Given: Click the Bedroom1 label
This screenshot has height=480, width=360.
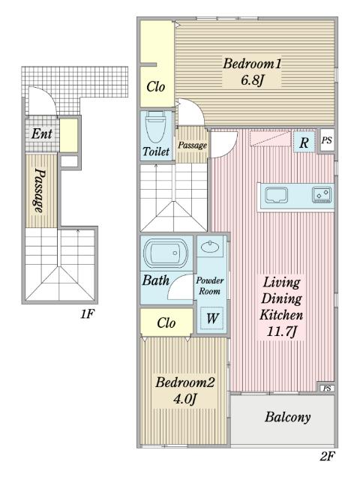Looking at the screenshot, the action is click(x=252, y=64).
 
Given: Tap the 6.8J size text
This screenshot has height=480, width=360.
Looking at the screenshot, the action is click(x=252, y=80).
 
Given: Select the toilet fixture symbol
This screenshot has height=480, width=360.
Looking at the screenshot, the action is click(x=155, y=127).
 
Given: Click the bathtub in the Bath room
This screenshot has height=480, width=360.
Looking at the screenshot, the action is click(x=166, y=253).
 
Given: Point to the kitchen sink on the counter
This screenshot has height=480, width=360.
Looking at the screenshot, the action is click(x=277, y=195).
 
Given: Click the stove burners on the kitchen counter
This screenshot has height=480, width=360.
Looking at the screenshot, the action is click(x=322, y=195).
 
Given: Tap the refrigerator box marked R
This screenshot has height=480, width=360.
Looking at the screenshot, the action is click(x=304, y=142).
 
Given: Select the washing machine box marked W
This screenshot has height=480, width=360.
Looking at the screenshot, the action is click(x=211, y=318).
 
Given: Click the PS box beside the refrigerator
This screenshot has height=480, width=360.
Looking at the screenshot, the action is click(x=327, y=140).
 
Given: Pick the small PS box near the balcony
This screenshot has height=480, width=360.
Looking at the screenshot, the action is click(x=327, y=388).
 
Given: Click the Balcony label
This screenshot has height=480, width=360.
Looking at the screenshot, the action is click(x=288, y=417).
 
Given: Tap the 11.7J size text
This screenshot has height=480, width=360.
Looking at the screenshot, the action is click(x=281, y=331).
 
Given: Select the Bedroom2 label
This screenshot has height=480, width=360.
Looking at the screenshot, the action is click(x=185, y=382).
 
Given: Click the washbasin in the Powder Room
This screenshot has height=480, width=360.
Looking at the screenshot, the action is click(x=210, y=246).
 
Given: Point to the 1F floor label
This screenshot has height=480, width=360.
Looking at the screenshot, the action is click(x=88, y=313).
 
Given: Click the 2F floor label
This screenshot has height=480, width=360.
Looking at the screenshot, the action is click(x=327, y=457).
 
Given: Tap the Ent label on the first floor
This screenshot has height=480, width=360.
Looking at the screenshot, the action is click(x=42, y=133).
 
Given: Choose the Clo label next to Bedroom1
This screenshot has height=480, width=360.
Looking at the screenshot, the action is click(x=155, y=87).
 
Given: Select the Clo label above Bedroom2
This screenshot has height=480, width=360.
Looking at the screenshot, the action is click(x=166, y=322).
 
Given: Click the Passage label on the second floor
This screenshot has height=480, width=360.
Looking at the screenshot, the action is click(x=192, y=145).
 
